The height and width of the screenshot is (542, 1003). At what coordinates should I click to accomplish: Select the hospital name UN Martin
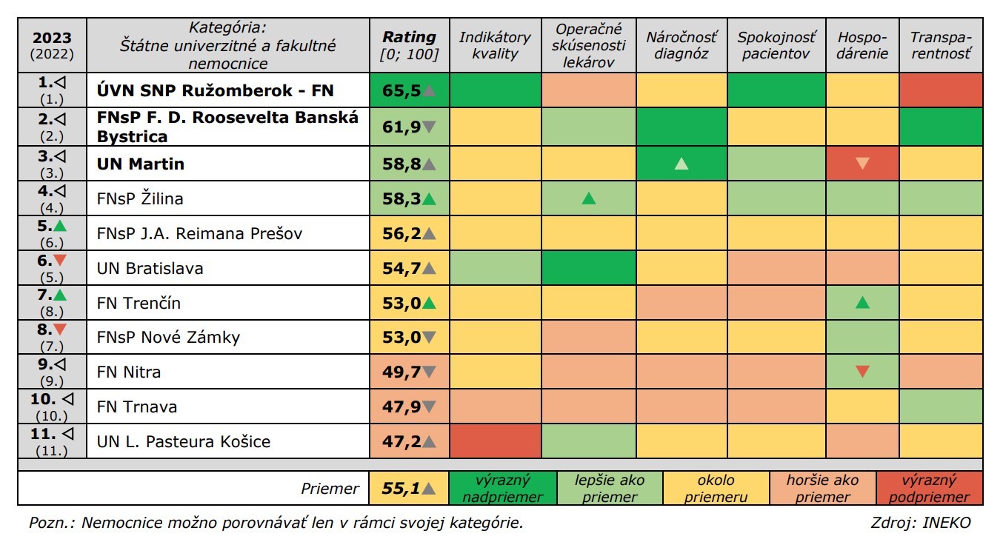pyautogui.click(x=141, y=164)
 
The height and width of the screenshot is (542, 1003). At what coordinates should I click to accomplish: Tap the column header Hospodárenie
pyautogui.click(x=862, y=45)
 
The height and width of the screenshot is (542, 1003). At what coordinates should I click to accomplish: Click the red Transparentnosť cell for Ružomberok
pyautogui.click(x=941, y=90)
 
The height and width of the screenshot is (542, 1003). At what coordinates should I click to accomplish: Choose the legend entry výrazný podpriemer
pyautogui.click(x=929, y=489)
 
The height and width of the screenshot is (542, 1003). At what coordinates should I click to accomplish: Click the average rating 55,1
pyautogui.click(x=401, y=489)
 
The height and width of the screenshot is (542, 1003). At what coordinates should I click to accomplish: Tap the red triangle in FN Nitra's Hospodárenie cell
pyautogui.click(x=862, y=372)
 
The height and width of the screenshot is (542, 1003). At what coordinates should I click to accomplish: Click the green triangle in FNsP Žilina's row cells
pyautogui.click(x=589, y=198)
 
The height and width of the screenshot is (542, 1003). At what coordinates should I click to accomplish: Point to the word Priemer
pyautogui.click(x=330, y=489)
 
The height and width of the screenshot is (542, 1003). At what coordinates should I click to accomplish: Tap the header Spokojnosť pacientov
pyautogui.click(x=776, y=45)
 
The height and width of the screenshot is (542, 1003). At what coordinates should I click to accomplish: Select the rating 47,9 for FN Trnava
pyautogui.click(x=401, y=406)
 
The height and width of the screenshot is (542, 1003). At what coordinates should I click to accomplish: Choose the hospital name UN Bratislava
pyautogui.click(x=150, y=268)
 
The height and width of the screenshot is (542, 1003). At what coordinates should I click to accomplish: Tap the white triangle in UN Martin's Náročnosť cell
pyautogui.click(x=682, y=164)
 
